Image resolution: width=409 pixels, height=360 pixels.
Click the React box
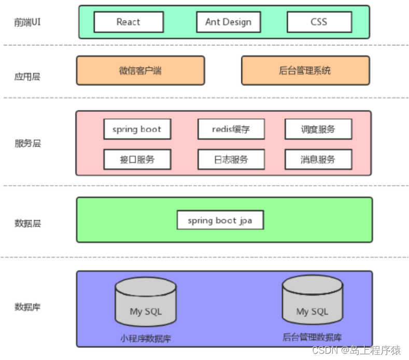pos(129,22)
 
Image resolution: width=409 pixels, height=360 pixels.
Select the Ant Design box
pos(228,22)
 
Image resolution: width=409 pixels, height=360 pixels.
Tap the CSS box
pos(319,22)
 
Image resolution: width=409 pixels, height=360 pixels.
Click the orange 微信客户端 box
pos(140,70)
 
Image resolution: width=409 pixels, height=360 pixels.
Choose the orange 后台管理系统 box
pos(305,70)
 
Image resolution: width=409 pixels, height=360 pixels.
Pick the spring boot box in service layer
pos(137,129)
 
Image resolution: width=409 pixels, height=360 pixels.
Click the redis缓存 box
pos(231,129)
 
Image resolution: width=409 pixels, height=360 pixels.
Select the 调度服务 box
pos(318,129)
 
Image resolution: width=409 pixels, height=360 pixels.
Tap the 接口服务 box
pos(137,160)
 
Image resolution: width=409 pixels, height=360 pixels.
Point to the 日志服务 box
pos(231,160)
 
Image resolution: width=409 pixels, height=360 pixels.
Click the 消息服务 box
pos(318,160)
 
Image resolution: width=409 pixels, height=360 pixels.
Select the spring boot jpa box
pos(220,220)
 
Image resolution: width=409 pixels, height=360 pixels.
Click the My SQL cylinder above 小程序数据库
pos(145,303)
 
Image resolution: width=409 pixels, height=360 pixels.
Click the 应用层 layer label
pos(27,77)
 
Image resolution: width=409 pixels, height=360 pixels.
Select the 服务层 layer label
pos(27,143)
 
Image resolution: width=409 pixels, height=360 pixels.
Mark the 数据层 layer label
pos(27,224)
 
